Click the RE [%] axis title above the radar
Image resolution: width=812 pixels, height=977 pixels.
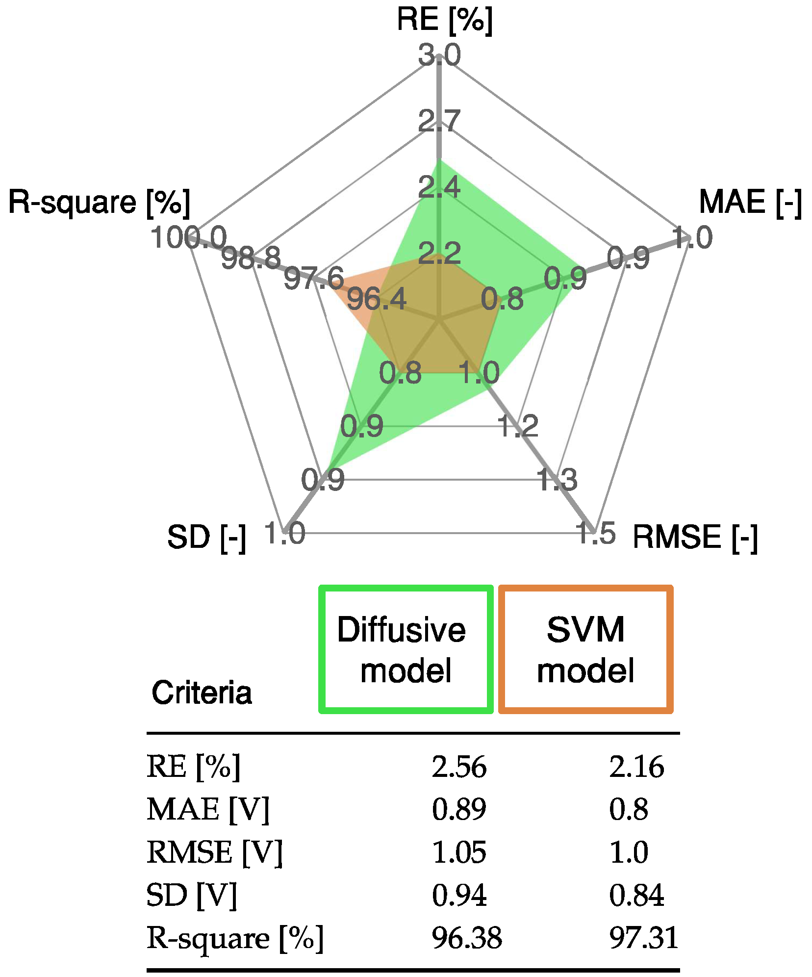(444, 21)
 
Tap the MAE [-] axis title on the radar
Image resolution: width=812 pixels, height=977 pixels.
(750, 202)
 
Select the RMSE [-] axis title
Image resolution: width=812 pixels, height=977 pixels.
(695, 537)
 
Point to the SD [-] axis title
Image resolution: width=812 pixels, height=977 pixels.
(206, 538)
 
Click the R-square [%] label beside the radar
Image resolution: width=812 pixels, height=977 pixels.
(100, 202)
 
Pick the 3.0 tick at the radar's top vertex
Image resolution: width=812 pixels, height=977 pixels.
(439, 54)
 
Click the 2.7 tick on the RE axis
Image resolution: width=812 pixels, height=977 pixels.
(439, 121)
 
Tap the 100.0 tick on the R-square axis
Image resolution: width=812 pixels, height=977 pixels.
(188, 238)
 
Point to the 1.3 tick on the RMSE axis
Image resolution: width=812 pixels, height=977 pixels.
(557, 479)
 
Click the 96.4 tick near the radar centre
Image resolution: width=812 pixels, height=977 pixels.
(377, 299)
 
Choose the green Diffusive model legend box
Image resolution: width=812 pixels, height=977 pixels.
(406, 649)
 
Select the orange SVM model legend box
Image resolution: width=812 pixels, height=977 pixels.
(585, 649)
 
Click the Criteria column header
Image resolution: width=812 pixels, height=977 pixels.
(202, 693)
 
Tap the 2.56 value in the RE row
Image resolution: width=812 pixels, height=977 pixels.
(459, 767)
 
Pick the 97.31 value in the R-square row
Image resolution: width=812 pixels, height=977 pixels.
(643, 939)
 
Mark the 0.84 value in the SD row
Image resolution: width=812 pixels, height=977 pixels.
(636, 896)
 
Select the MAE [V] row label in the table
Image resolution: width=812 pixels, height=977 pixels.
(208, 810)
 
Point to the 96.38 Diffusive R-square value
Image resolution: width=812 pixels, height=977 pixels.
(467, 939)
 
